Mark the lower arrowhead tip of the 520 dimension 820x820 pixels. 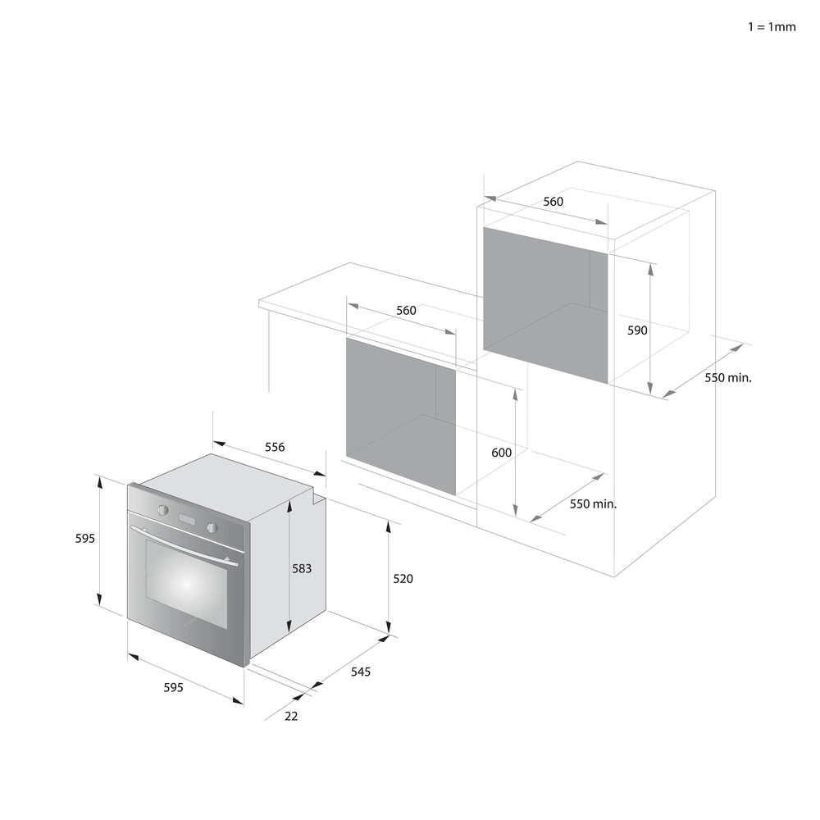pyautogui.click(x=388, y=635)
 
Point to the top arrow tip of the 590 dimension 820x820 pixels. pyautogui.click(x=650, y=263)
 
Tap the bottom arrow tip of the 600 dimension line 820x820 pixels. pyautogui.click(x=515, y=517)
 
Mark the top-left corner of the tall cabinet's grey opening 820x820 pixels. pyautogui.click(x=483, y=227)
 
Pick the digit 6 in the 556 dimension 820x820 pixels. pyautogui.click(x=282, y=447)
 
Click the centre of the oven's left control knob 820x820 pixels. pyautogui.click(x=163, y=509)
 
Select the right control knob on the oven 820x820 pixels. pyautogui.click(x=212, y=527)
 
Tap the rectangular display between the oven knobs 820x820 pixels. pyautogui.click(x=187, y=519)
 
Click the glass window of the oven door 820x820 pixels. pyautogui.click(x=186, y=584)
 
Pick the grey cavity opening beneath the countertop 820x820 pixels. pyautogui.click(x=401, y=416)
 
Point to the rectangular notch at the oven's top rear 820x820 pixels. pyautogui.click(x=319, y=496)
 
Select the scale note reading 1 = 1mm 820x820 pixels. pyautogui.click(x=772, y=27)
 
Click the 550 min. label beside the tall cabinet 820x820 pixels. pyautogui.click(x=728, y=377)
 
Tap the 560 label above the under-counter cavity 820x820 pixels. pyautogui.click(x=406, y=310)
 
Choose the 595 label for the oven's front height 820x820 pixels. pyautogui.click(x=85, y=538)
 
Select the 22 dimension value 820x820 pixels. pyautogui.click(x=291, y=716)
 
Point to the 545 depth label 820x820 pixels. pyautogui.click(x=361, y=672)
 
